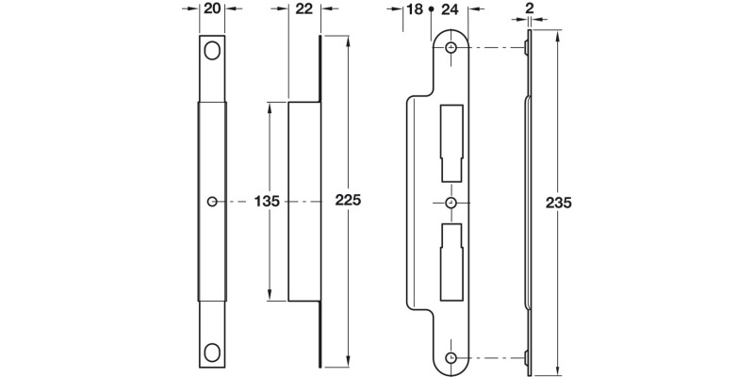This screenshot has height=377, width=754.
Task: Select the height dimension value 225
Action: (349, 201)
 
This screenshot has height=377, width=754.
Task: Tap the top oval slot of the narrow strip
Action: (212, 51)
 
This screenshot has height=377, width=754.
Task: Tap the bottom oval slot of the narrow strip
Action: (212, 352)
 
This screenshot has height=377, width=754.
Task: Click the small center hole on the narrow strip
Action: (212, 201)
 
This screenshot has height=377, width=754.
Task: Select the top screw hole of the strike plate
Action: (451, 47)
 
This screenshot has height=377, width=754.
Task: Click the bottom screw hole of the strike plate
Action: (451, 358)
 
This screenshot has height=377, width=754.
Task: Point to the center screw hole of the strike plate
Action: (451, 202)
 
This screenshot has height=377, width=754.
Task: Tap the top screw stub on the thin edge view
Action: (524, 47)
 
